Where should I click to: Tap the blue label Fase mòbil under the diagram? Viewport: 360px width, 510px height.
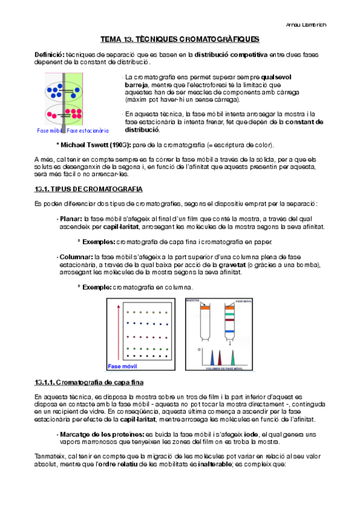click(50, 130)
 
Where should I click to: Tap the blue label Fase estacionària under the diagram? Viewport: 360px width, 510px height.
click(88, 130)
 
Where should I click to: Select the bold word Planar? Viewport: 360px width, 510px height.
click(71, 220)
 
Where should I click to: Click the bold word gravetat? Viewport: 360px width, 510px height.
click(260, 265)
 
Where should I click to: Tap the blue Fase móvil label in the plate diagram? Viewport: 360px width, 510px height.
click(122, 366)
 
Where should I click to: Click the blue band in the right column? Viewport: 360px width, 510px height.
click(229, 331)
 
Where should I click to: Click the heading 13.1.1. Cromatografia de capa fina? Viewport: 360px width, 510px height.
click(89, 382)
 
